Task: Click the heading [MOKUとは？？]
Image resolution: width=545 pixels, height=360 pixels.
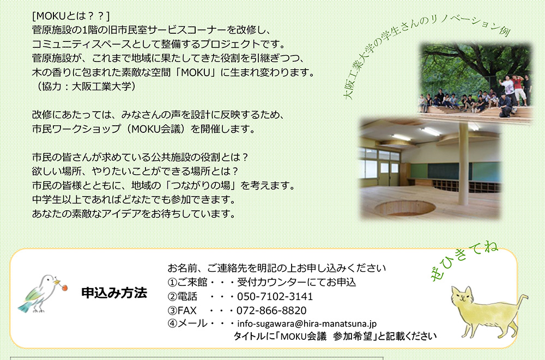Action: pos(70,16)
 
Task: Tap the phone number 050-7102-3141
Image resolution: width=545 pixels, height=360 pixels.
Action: pos(275,296)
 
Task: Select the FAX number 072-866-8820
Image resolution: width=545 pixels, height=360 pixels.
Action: pos(271,310)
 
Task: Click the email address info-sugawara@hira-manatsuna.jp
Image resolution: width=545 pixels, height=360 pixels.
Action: pos(307,324)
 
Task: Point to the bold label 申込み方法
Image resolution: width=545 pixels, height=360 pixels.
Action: pos(114,292)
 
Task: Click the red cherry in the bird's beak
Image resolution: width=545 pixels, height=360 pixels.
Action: pos(65,288)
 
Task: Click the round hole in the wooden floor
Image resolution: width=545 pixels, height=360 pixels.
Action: pos(405,208)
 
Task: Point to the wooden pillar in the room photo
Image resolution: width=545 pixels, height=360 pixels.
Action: pos(463,163)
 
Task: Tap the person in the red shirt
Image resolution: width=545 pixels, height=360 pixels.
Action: pos(518,89)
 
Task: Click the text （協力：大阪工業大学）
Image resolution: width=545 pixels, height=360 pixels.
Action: pos(84,86)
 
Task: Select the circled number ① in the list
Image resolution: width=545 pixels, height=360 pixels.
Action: pos(172,282)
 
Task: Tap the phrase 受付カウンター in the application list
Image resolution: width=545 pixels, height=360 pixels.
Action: pos(271,282)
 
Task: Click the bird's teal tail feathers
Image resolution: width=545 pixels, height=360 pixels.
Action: pos(25,307)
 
